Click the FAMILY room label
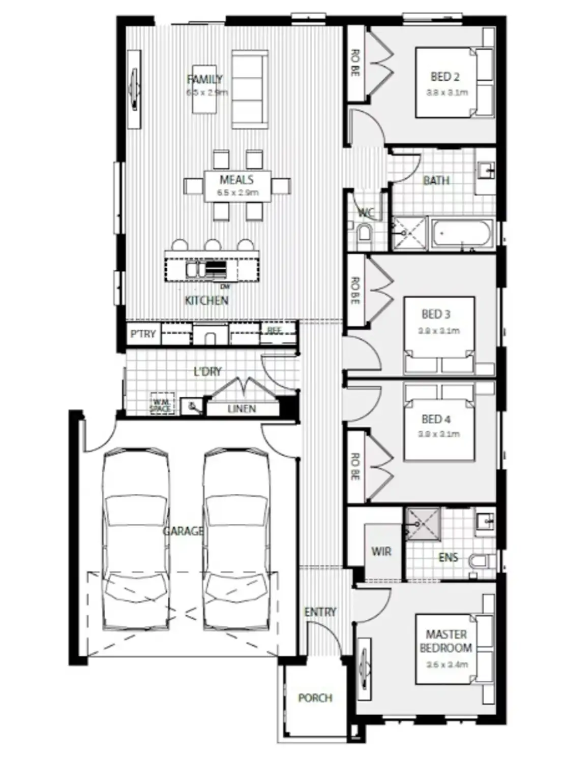point(204,79)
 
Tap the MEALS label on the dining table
point(236,180)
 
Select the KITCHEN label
point(206,300)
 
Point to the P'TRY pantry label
point(143,334)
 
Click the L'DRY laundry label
point(207,371)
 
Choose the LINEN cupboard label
point(242,408)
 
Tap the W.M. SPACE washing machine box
point(162,405)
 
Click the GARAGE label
point(183,531)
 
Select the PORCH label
point(315,698)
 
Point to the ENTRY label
point(320,612)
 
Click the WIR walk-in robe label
point(381,551)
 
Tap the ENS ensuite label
point(448,557)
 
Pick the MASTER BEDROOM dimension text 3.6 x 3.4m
point(447,664)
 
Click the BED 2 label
point(445,77)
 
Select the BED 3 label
point(436,314)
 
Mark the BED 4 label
point(436,420)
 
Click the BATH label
point(436,180)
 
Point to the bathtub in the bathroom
point(462,234)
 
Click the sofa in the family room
point(250,89)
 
